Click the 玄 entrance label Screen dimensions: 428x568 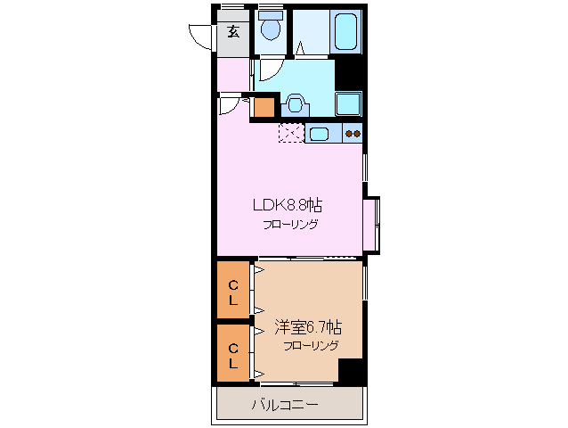[x=233, y=33]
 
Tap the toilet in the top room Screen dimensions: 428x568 [x=269, y=29]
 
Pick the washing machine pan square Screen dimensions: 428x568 [x=348, y=103]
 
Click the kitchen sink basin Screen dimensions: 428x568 [x=319, y=135]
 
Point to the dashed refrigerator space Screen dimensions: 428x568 [x=290, y=134]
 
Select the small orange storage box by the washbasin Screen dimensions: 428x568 [x=264, y=108]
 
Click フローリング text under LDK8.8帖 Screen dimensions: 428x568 [x=289, y=224]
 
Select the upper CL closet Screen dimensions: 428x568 [x=233, y=292]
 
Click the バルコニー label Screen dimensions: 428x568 [x=285, y=404]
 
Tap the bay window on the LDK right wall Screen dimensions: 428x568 [x=372, y=223]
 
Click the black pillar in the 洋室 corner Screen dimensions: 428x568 [x=352, y=372]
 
